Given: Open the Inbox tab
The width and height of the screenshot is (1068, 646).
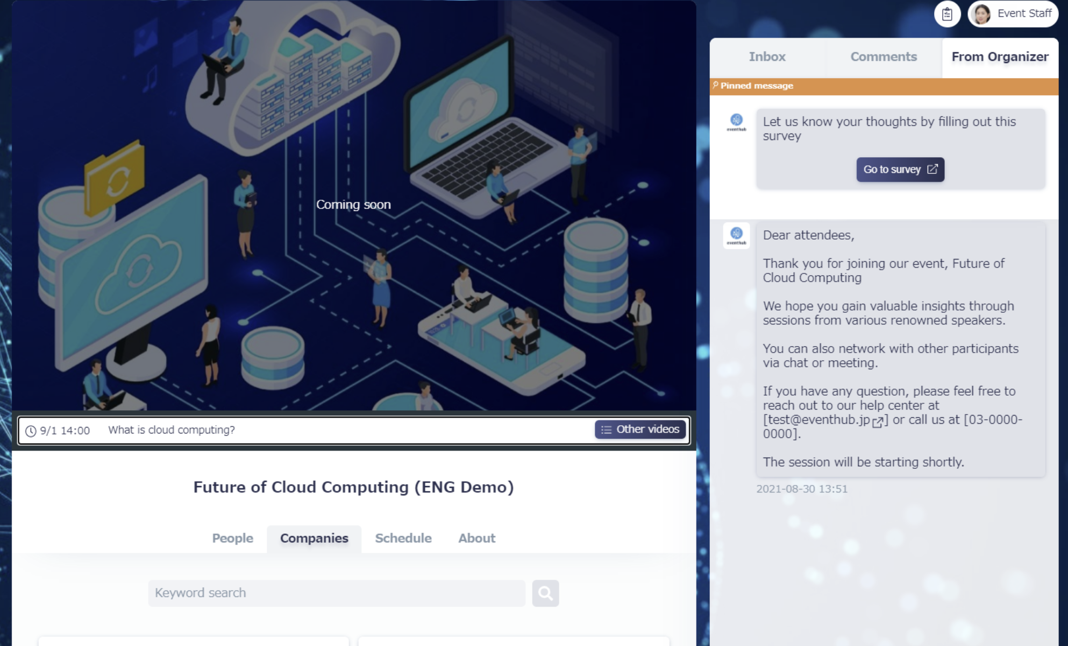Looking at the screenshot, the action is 767,57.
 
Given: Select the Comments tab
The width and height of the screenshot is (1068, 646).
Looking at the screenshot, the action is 884,57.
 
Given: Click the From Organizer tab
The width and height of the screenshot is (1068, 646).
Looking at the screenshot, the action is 1000,57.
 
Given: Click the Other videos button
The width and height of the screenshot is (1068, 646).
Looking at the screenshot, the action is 640,430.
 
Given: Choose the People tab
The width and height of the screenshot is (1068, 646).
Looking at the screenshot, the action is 232,538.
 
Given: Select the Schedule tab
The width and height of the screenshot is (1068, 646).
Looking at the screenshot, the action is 403,538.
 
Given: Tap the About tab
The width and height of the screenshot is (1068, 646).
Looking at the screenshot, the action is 476,538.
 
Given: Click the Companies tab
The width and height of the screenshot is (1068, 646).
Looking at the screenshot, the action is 314,538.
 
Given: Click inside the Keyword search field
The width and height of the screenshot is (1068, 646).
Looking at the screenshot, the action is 337,593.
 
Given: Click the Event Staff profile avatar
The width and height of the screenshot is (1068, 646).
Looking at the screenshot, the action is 982,14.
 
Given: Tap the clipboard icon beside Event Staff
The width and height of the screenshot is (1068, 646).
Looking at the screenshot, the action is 948,14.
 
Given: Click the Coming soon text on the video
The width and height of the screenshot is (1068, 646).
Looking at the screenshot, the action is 353,205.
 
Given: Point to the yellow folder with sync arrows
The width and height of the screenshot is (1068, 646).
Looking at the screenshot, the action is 115,178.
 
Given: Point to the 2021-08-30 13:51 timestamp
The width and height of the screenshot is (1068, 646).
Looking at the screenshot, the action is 802,489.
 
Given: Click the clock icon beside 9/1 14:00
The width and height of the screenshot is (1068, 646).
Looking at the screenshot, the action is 31,431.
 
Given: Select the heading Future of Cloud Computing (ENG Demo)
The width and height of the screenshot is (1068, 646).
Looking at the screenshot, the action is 353,487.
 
